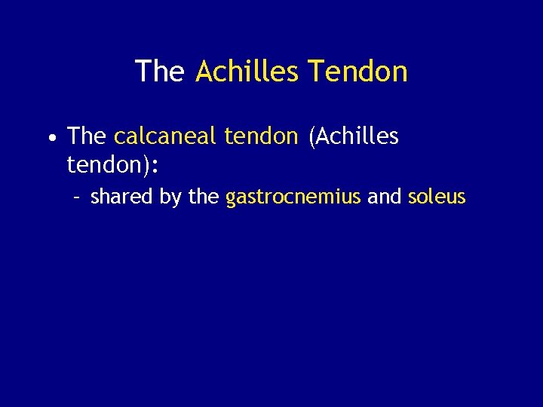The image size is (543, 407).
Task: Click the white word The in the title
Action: pos(159,72)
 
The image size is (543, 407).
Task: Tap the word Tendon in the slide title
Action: pos(359,72)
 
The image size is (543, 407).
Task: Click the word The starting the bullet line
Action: pos(87,136)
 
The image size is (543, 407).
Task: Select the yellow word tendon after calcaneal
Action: pos(259,136)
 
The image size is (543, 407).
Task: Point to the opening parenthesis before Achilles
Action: pos(311,137)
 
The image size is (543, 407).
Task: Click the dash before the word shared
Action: pos(76,198)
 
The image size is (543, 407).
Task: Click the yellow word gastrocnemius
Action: pos(293,198)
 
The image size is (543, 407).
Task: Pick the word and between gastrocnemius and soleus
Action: pos(384,197)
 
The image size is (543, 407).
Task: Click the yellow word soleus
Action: pos(437,197)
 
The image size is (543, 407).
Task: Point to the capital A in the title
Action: pos(204,72)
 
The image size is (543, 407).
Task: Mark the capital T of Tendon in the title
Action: pos(314,72)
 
